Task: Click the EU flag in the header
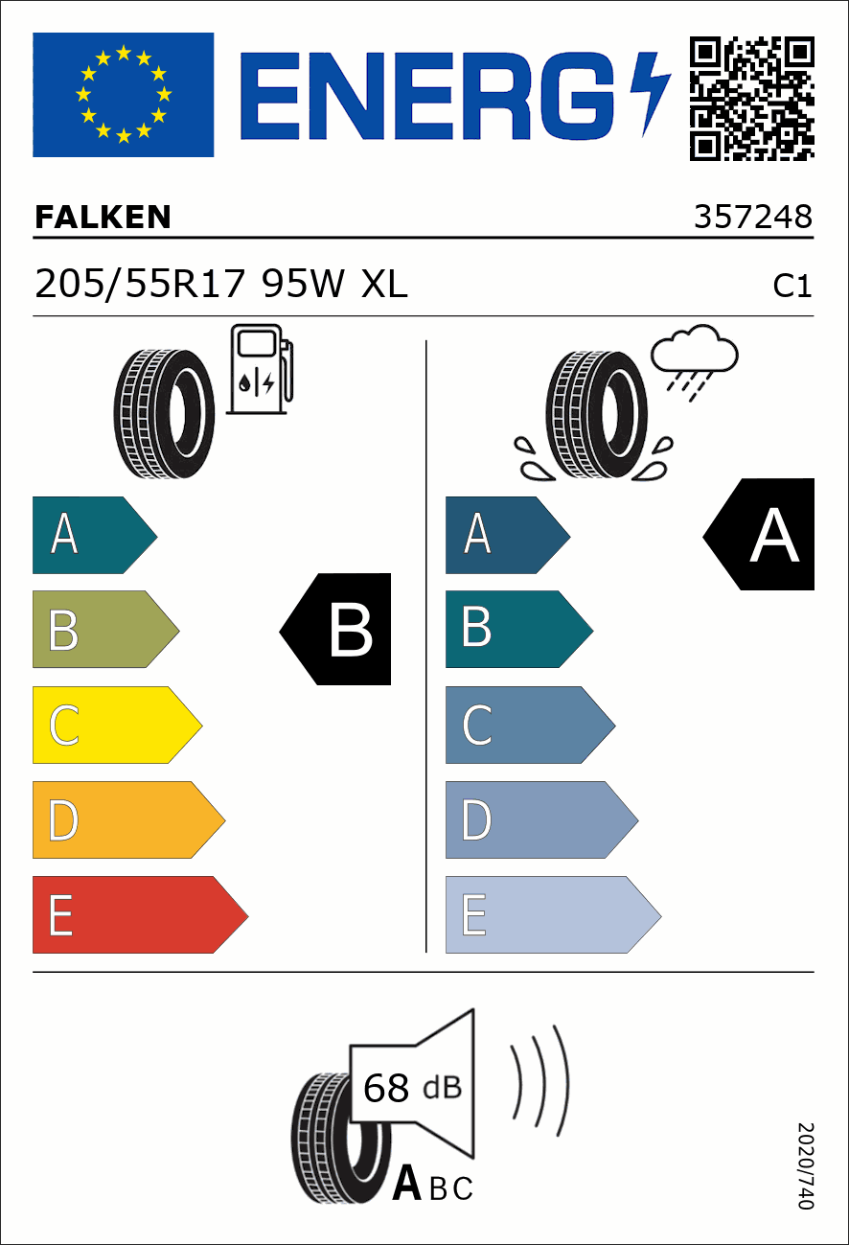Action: coord(124,95)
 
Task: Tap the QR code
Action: coord(752,99)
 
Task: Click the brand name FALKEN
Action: coord(103,217)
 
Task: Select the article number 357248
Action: coord(753,217)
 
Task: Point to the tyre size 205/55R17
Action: coord(140,284)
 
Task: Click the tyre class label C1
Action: coord(792,287)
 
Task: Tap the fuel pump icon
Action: coord(260,369)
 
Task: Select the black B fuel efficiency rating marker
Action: coord(335,629)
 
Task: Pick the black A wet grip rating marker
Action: coord(758,534)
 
